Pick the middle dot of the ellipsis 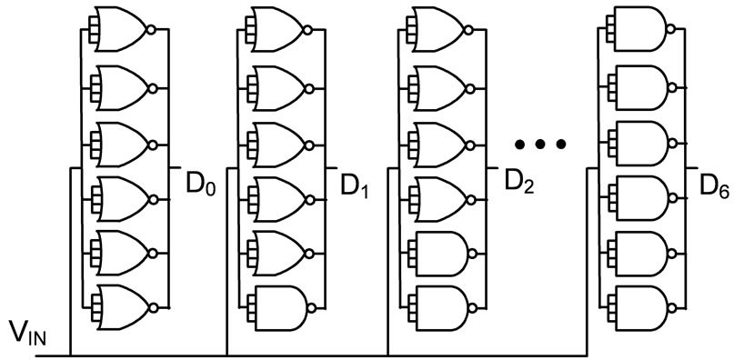point(540,144)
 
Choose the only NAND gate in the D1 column point(285,302)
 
